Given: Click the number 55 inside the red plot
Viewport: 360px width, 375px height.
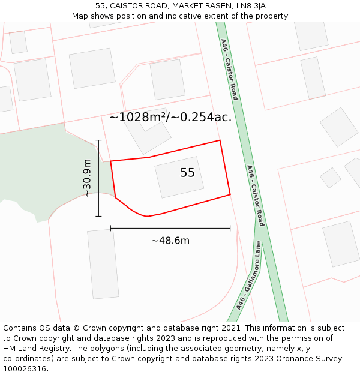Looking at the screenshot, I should coord(187,173).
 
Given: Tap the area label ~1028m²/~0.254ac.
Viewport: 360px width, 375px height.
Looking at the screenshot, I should coord(170,117).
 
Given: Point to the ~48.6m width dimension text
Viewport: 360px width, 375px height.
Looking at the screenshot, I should coord(170,241).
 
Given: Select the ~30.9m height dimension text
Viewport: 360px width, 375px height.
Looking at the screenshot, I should coord(87,178).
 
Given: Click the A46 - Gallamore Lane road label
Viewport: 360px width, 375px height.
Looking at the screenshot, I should coord(250,275).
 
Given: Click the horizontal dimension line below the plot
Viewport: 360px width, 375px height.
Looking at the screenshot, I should coord(170,228).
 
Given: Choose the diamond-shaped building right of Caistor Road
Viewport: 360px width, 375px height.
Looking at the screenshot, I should coord(338,127).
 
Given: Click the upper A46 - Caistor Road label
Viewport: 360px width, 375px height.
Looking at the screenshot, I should coord(230,70).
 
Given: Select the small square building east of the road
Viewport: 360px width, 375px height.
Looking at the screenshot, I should coord(330,178).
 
